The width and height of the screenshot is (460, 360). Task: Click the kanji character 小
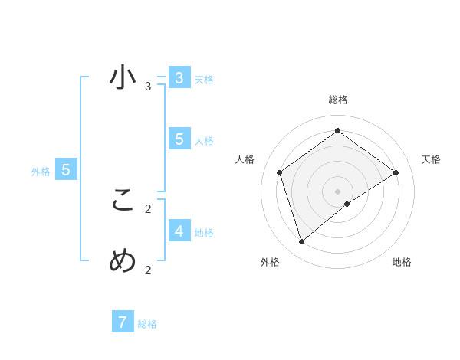(123, 78)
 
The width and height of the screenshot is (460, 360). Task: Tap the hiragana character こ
(123, 201)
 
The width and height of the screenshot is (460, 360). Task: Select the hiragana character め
(123, 261)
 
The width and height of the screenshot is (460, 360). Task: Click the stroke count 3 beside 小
(148, 87)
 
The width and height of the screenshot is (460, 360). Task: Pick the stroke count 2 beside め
(148, 270)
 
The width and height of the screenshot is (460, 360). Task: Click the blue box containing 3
(179, 78)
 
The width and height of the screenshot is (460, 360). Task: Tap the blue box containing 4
(179, 231)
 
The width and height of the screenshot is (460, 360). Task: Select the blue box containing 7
(123, 322)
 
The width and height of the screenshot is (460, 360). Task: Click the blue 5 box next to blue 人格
(179, 139)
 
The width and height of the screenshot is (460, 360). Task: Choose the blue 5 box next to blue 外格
(66, 170)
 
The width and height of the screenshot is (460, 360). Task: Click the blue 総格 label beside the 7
(147, 324)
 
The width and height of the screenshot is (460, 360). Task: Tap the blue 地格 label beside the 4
(204, 233)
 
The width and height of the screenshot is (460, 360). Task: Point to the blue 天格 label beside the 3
(204, 80)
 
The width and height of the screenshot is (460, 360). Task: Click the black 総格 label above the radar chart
(337, 100)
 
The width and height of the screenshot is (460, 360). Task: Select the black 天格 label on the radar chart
(431, 159)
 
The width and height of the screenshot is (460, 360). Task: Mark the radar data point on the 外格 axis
(302, 242)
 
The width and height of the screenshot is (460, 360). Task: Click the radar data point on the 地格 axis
(347, 204)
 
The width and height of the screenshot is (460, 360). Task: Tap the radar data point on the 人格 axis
(280, 172)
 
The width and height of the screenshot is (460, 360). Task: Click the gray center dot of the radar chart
(337, 191)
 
